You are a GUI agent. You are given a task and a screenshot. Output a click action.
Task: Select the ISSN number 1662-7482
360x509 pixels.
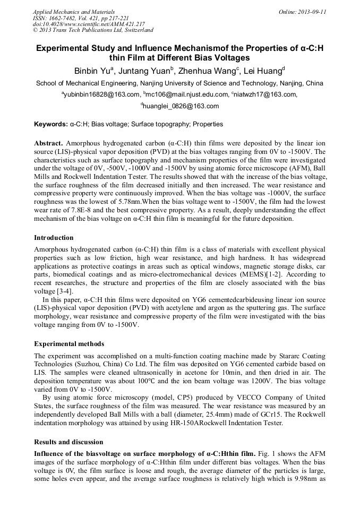(62, 18)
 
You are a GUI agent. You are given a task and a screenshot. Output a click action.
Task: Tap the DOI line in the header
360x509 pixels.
(89, 24)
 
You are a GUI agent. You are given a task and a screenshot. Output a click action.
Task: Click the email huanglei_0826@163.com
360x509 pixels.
(181, 106)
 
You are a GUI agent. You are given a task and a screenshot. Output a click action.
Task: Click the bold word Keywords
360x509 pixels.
(50, 124)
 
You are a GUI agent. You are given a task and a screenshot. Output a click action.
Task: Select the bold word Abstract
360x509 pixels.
(49, 143)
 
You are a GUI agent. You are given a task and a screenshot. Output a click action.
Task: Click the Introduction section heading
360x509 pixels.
(54, 237)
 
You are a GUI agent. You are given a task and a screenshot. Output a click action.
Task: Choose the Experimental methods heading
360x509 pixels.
(69, 343)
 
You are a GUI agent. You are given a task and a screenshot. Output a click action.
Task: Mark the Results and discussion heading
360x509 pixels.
(68, 442)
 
